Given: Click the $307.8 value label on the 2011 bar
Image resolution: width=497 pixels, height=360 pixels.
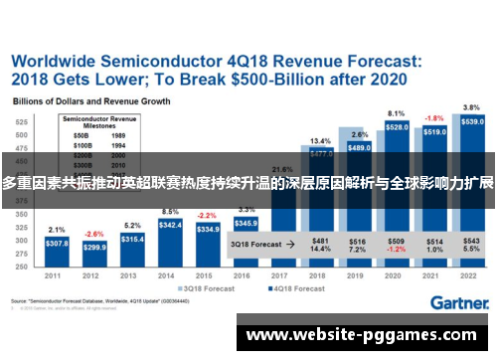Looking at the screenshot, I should point(57,244).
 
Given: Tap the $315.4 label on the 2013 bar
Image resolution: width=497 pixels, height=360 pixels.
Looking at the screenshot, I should point(132,240).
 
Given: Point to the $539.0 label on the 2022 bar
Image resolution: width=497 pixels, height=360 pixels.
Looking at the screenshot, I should point(472,122).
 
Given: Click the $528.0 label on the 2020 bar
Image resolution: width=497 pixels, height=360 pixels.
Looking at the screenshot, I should point(397,128).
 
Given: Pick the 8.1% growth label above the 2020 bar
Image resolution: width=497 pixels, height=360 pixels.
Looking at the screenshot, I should point(397,113).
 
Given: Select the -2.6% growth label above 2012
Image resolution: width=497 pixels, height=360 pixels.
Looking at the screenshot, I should point(94,234).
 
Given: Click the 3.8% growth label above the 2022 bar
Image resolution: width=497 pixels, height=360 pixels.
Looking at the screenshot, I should point(472,107).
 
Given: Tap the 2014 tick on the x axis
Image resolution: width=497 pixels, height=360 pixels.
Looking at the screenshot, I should point(170,275).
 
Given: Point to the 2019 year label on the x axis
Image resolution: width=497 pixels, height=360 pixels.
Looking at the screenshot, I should point(359,275).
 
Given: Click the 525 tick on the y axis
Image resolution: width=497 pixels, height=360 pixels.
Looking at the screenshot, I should point(21,121).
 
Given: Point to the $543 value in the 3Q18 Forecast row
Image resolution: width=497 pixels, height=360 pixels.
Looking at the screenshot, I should point(472,240).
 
